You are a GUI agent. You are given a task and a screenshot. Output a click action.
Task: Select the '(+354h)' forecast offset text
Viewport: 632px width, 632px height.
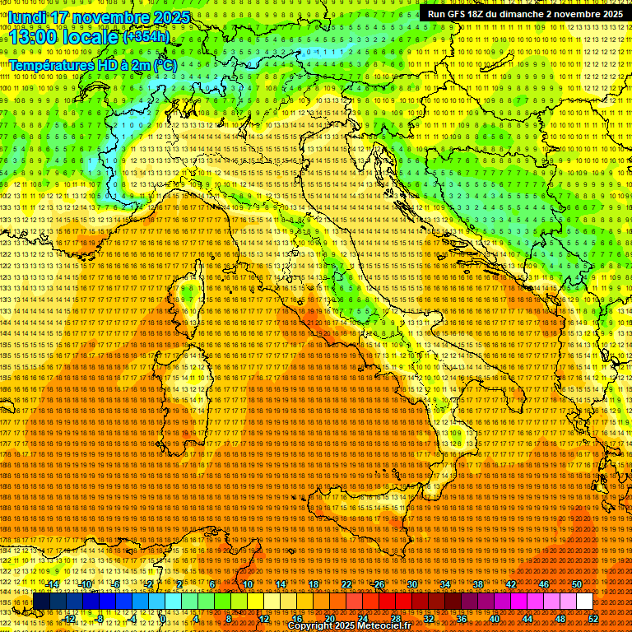point(146,36)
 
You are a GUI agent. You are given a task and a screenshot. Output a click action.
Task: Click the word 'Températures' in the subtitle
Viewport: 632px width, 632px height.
point(50,64)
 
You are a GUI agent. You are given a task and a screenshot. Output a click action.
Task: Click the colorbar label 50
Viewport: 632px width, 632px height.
point(577,584)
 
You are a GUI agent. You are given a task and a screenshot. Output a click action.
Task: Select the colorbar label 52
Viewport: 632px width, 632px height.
point(593,619)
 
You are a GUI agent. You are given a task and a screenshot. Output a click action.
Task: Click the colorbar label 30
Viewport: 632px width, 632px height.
point(412,584)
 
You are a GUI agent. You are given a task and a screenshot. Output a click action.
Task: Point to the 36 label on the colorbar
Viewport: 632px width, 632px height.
point(462,619)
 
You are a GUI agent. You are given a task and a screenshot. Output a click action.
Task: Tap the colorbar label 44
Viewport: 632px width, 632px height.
point(527,619)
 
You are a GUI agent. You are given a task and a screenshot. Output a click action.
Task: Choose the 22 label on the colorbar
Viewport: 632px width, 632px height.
point(346,584)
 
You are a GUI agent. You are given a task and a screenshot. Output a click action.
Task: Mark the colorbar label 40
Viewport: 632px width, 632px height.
point(495,619)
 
